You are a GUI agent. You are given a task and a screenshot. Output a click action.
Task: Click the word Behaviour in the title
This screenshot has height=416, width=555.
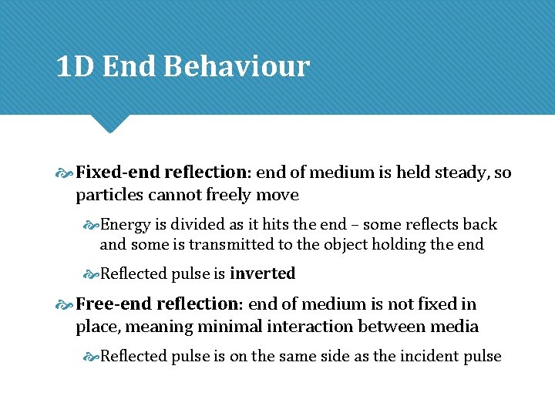pyautogui.click(x=236, y=67)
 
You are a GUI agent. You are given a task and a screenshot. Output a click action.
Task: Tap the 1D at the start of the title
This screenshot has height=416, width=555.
pyautogui.click(x=75, y=67)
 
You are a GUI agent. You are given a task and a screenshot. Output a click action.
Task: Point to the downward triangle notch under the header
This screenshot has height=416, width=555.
pyautogui.click(x=109, y=123)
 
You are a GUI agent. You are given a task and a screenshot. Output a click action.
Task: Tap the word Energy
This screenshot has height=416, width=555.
pyautogui.click(x=126, y=225)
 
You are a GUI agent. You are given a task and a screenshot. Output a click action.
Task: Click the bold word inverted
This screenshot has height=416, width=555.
pyautogui.click(x=262, y=274)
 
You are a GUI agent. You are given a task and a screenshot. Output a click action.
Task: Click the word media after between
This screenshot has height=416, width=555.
pyautogui.click(x=455, y=327)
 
